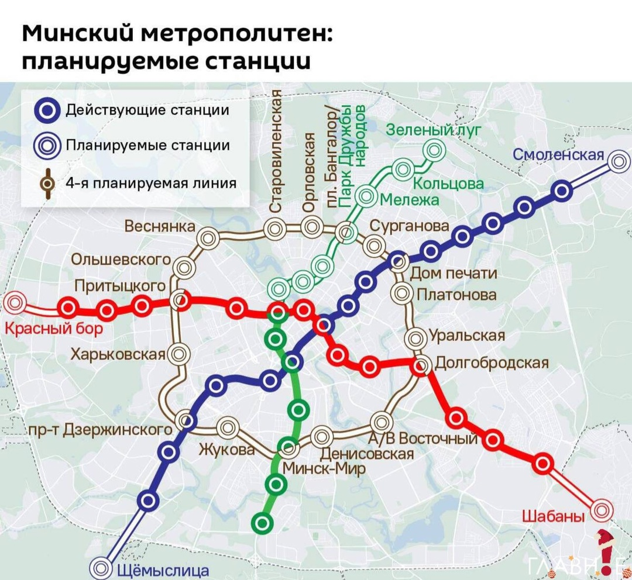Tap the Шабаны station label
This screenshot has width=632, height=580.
point(553,516)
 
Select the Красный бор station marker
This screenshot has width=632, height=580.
point(15,303)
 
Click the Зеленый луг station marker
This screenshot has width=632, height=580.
point(434,151)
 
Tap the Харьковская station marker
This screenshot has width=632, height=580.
point(178,354)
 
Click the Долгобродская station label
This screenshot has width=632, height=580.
point(492,363)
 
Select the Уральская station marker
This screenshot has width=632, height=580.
point(416,337)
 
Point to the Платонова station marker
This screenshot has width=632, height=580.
point(403,292)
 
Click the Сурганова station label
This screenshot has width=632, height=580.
point(410,226)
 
